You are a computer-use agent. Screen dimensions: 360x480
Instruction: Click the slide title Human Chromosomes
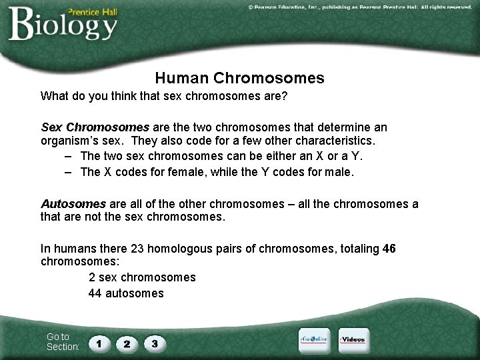pyautogui.click(x=239, y=78)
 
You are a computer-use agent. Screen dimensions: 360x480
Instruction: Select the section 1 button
pyautogui.click(x=99, y=344)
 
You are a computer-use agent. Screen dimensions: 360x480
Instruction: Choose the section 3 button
pyautogui.click(x=154, y=344)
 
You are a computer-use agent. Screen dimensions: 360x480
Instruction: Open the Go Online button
pyautogui.click(x=313, y=340)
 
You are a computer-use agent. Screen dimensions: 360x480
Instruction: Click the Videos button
pyautogui.click(x=353, y=340)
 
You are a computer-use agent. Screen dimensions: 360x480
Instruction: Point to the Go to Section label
pyautogui.click(x=62, y=342)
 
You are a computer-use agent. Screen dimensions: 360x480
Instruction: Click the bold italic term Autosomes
pyautogui.click(x=73, y=204)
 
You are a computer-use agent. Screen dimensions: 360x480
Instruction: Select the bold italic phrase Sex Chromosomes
pyautogui.click(x=95, y=127)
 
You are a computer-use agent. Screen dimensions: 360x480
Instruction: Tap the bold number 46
pyautogui.click(x=389, y=249)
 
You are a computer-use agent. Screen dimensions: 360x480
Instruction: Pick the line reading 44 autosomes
pyautogui.click(x=126, y=293)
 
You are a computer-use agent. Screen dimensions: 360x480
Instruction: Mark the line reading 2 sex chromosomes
pyautogui.click(x=142, y=277)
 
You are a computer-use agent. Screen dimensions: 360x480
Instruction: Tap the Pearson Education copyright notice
pyautogui.click(x=359, y=7)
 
